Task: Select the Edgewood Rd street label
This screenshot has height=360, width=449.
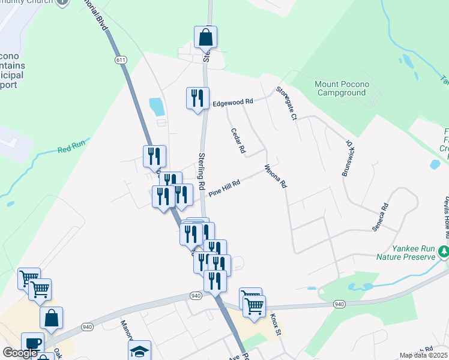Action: (233, 103)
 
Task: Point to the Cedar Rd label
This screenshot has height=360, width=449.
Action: (237, 141)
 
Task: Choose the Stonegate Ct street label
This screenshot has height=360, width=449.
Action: (286, 103)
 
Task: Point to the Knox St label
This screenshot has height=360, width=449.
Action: (275, 323)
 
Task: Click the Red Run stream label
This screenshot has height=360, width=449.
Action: (72, 146)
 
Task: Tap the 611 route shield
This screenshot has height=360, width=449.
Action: (121, 60)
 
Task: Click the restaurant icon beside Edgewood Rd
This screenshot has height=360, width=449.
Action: (197, 98)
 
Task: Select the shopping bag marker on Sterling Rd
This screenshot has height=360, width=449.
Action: (205, 37)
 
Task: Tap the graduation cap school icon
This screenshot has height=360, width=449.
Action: (139, 351)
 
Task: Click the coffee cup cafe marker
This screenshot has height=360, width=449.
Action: (32, 343)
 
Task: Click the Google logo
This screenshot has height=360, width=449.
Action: (20, 353)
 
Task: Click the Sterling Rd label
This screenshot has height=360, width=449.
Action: (202, 170)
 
